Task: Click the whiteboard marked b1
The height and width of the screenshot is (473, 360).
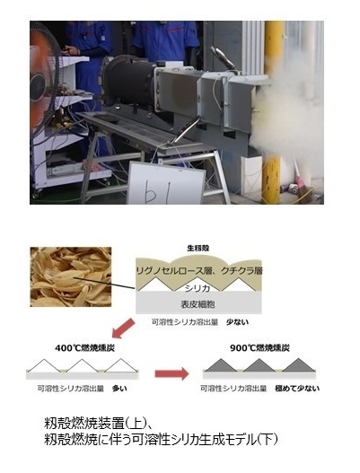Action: pyautogui.click(x=166, y=183)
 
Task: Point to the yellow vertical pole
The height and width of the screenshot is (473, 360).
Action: pyautogui.click(x=273, y=111)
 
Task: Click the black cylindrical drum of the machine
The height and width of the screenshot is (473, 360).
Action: pyautogui.click(x=130, y=79)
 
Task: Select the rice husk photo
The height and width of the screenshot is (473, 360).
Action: pyautogui.click(x=71, y=277)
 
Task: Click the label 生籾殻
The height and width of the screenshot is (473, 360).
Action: pyautogui.click(x=198, y=249)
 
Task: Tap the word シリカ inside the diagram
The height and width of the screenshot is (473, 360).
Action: pyautogui.click(x=198, y=288)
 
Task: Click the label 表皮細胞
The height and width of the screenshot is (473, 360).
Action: pyautogui.click(x=198, y=304)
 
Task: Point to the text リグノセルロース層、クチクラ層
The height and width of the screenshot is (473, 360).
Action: pyautogui.click(x=199, y=270)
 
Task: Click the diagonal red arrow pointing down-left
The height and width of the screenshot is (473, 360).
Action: pyautogui.click(x=123, y=328)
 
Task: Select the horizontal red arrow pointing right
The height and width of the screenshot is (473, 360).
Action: pyautogui.click(x=171, y=373)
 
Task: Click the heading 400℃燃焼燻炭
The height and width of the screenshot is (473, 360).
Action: pyautogui.click(x=84, y=348)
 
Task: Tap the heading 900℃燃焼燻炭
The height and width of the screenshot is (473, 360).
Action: pyautogui.click(x=259, y=348)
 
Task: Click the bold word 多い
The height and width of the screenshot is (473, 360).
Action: pyautogui.click(x=119, y=389)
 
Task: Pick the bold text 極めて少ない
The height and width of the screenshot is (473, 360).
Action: pyautogui.click(x=297, y=389)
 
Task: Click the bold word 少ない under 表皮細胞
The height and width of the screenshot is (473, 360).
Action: pyautogui.click(x=238, y=322)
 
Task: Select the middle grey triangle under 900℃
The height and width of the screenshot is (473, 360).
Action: pyautogui.click(x=259, y=365)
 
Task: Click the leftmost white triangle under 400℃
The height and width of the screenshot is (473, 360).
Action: pyautogui.click(x=44, y=366)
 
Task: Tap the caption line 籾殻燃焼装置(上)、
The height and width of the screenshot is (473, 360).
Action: pyautogui.click(x=98, y=424)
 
